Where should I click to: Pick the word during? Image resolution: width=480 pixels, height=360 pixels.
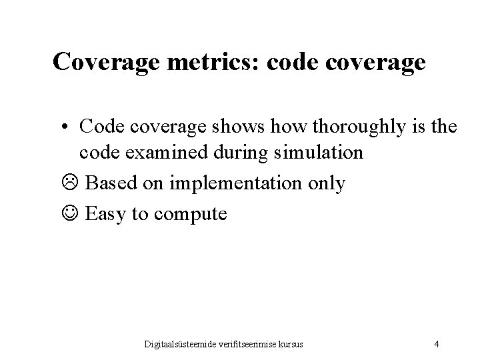[x=245, y=153]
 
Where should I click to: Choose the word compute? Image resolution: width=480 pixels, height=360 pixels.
[x=193, y=215]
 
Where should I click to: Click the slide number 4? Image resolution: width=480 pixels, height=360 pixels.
[x=436, y=344]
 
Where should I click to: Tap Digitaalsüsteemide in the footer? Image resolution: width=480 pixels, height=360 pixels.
[x=185, y=344]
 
